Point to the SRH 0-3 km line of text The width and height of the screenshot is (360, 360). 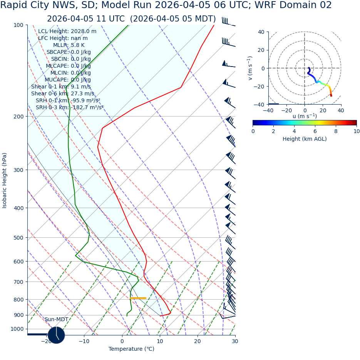tap(70, 107)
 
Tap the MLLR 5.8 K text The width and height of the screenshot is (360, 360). tap(69, 45)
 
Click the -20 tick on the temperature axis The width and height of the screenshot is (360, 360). tap(46, 341)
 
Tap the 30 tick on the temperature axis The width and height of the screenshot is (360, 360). tap(235, 341)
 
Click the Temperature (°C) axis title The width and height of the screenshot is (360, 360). tap(131, 349)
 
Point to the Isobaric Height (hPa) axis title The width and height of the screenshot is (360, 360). tap(5, 180)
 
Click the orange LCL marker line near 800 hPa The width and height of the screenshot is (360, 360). tap(138, 298)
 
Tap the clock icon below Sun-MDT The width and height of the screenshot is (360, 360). tap(56, 335)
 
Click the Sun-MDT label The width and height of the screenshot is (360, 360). tap(56, 319)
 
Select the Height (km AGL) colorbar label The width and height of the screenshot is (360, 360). tap(304, 139)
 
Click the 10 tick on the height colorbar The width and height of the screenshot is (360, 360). tap(357, 131)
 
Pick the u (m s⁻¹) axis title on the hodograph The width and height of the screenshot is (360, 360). tap(304, 116)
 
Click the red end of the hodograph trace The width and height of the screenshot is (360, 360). tap(331, 95)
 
